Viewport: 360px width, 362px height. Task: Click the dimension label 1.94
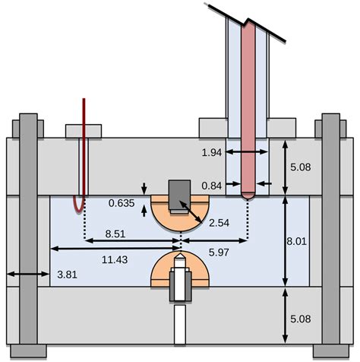pos(213,154)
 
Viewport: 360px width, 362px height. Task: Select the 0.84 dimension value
pos(213,184)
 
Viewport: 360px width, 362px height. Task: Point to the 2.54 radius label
pos(219,222)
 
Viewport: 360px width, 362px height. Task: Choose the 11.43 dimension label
pos(115,259)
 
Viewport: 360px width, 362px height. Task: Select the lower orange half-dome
pos(161,272)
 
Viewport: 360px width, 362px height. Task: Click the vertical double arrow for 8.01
pos(284,242)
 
